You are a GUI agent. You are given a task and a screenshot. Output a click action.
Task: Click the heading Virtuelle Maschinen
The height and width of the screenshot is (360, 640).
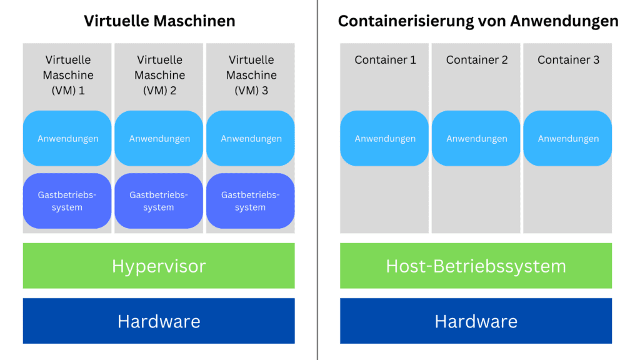(x=159, y=21)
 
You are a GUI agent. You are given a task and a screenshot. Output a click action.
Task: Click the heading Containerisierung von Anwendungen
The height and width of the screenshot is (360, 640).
(x=478, y=21)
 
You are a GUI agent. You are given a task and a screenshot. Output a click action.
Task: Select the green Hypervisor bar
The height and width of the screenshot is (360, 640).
(x=159, y=266)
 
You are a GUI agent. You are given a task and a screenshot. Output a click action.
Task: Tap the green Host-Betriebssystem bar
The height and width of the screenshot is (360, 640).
(x=476, y=266)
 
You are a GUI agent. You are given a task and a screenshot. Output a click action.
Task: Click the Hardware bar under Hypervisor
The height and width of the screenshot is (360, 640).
(x=159, y=321)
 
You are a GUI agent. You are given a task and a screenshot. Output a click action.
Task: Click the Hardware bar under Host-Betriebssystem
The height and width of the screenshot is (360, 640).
(x=476, y=321)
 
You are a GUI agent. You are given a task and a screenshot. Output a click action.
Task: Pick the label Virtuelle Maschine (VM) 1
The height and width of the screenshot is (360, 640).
(x=67, y=75)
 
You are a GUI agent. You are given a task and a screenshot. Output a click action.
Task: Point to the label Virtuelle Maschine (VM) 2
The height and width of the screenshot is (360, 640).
(x=159, y=75)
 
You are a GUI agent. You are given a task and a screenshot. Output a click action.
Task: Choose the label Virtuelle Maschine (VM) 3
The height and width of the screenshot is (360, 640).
(x=251, y=75)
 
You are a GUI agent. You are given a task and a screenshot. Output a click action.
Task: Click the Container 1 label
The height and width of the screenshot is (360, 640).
(x=385, y=60)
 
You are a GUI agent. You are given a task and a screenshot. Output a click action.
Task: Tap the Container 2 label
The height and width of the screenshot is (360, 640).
(x=476, y=60)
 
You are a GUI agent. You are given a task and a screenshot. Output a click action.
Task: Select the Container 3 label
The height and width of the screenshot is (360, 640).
(x=568, y=60)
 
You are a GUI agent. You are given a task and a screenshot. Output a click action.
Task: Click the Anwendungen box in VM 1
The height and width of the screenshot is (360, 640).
(x=67, y=139)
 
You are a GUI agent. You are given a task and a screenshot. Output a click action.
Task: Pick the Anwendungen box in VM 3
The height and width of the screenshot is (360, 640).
(x=251, y=139)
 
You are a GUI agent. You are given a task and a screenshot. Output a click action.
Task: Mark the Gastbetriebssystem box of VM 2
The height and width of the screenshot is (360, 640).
(x=159, y=201)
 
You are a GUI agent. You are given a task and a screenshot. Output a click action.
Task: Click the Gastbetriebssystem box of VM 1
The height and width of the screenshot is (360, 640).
(x=67, y=201)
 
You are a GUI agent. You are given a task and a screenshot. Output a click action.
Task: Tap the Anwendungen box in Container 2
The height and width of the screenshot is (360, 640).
(x=476, y=139)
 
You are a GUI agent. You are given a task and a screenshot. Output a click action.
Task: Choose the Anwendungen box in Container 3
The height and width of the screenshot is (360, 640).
(x=568, y=139)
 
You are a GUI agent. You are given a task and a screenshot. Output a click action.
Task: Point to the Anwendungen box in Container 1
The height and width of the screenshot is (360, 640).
(x=385, y=139)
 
